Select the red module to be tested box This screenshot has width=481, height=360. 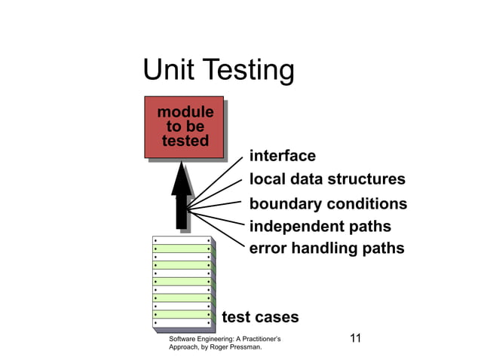pyautogui.click(x=183, y=127)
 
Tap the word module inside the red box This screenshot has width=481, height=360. pyautogui.click(x=185, y=112)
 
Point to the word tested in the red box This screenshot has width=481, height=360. pyautogui.click(x=185, y=141)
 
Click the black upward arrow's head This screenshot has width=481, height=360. pyautogui.click(x=182, y=179)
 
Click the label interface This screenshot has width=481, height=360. pyautogui.click(x=282, y=156)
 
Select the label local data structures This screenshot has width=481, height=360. pyautogui.click(x=327, y=180)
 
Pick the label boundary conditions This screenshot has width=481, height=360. pyautogui.click(x=328, y=204)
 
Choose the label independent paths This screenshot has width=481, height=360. pyautogui.click(x=320, y=226)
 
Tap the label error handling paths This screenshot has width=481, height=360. pyautogui.click(x=326, y=248)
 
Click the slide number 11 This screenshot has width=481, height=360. pyautogui.click(x=356, y=338)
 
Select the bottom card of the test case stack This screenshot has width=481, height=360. pyautogui.click(x=181, y=324)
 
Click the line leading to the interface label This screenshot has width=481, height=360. pyautogui.click(x=219, y=181)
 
